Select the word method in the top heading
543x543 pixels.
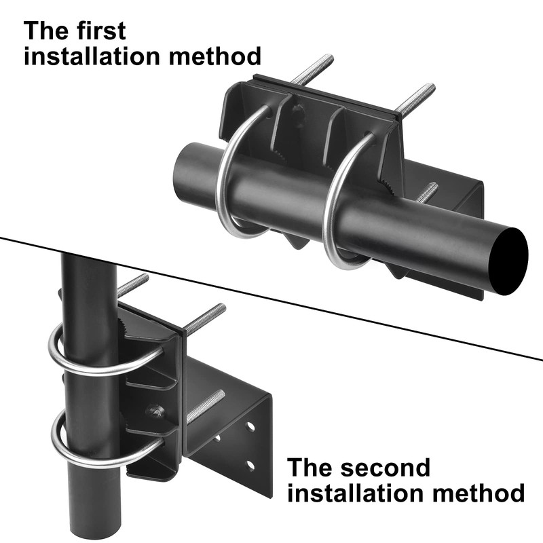[215, 56]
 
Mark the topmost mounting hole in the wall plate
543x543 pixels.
[250, 426]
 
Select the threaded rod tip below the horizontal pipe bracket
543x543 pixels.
[433, 187]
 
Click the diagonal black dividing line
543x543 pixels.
[271, 299]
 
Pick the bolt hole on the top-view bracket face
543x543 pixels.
[298, 111]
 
